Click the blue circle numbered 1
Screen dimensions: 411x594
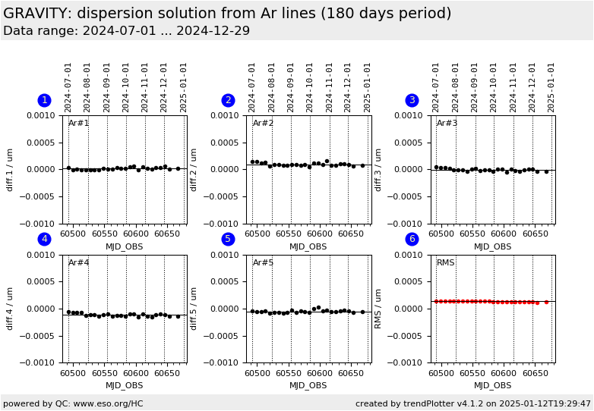[x=44, y=100]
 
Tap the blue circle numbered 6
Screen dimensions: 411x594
[x=412, y=239]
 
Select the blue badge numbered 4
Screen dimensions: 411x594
[x=44, y=239]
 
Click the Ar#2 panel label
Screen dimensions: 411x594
[x=263, y=124]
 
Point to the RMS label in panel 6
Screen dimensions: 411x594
[x=446, y=263]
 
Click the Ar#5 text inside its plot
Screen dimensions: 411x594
[x=263, y=263]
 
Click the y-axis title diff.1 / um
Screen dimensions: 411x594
[x=11, y=169]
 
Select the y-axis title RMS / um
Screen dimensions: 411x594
[x=378, y=308]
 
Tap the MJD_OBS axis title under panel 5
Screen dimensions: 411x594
[x=308, y=385]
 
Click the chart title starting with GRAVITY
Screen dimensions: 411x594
[x=227, y=14]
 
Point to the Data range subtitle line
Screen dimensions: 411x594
[x=126, y=31]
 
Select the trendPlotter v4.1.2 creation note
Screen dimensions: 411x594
[x=472, y=403]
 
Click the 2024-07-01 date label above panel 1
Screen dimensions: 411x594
[x=68, y=87]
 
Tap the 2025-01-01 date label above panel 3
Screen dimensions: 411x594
[x=551, y=87]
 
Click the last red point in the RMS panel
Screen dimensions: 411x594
[x=546, y=302]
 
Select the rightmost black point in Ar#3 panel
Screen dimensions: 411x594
[x=546, y=171]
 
